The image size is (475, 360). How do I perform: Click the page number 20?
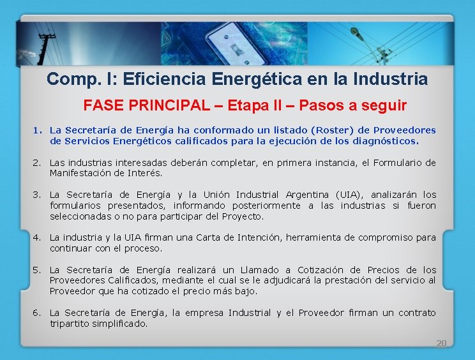tap(441, 343)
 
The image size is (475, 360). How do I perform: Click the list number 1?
tap(36, 130)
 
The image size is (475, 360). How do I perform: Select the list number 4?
tap(36, 237)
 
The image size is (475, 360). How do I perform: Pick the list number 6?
tap(36, 313)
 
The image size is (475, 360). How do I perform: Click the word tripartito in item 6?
tap(70, 324)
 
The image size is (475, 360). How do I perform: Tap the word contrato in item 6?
tap(417, 313)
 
